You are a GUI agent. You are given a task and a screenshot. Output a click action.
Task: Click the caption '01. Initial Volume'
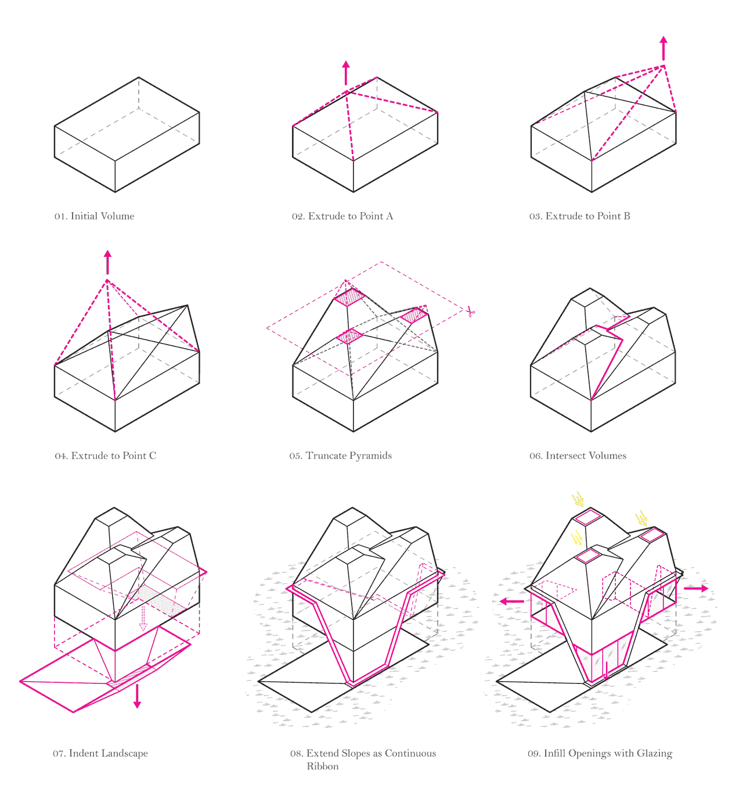pyautogui.click(x=94, y=216)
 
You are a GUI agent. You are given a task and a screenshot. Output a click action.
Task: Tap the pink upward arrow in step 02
pyautogui.click(x=346, y=73)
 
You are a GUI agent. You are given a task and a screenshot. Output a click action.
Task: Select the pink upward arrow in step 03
pyautogui.click(x=663, y=48)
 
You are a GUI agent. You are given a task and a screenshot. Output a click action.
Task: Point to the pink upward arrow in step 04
pyautogui.click(x=107, y=262)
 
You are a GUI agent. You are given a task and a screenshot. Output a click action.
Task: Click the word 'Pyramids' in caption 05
pyautogui.click(x=373, y=456)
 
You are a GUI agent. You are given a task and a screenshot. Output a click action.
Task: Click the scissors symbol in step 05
pyautogui.click(x=471, y=313)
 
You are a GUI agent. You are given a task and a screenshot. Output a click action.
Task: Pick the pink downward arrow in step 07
pyautogui.click(x=137, y=696)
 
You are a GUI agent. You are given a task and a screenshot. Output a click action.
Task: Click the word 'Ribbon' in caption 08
pyautogui.click(x=323, y=766)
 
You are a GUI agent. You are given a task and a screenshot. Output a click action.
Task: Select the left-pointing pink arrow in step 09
pyautogui.click(x=511, y=601)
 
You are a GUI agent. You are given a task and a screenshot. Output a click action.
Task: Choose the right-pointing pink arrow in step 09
pyautogui.click(x=696, y=589)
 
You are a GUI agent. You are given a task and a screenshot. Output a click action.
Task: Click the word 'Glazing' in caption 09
pyautogui.click(x=654, y=754)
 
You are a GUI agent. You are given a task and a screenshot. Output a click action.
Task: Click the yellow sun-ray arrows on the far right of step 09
pyautogui.click(x=641, y=518)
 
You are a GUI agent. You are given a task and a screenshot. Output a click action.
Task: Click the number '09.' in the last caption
pyautogui.click(x=534, y=754)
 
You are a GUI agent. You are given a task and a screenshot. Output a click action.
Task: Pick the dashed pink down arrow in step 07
pyautogui.click(x=143, y=619)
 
